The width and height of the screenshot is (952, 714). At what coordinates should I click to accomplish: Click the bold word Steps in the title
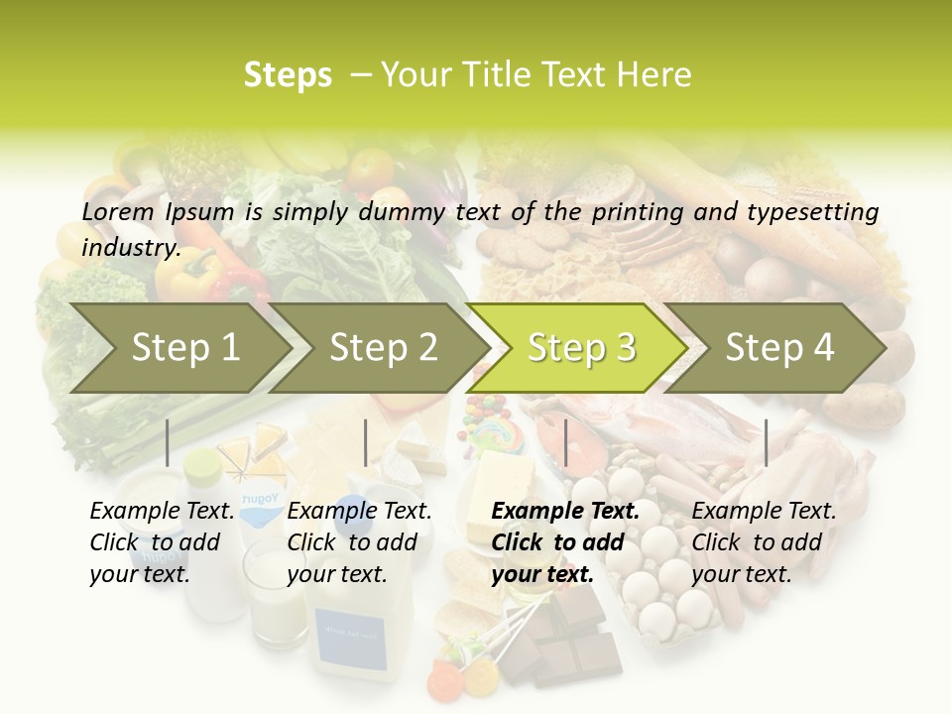[x=288, y=75]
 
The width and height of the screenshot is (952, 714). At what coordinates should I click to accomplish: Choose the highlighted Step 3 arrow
[x=581, y=347]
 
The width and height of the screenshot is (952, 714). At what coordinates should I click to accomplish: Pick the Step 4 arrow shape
[x=779, y=347]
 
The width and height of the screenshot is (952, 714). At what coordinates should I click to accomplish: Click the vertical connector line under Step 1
[x=168, y=442]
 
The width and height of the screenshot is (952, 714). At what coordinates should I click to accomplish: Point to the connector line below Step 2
[x=366, y=442]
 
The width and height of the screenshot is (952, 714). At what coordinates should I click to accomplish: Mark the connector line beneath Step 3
[x=565, y=442]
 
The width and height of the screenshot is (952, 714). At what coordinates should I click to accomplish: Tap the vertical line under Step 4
[x=766, y=442]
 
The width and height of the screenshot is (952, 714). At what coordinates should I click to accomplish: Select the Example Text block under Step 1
[x=162, y=542]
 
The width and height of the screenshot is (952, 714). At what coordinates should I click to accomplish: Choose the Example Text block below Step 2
[x=359, y=542]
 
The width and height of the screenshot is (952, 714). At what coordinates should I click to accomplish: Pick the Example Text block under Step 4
[x=764, y=542]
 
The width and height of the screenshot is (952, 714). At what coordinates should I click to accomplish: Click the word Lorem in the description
[x=118, y=211]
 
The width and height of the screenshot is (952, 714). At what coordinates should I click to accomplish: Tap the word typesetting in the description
[x=819, y=211]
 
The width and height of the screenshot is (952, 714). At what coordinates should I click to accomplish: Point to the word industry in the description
[x=131, y=247]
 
